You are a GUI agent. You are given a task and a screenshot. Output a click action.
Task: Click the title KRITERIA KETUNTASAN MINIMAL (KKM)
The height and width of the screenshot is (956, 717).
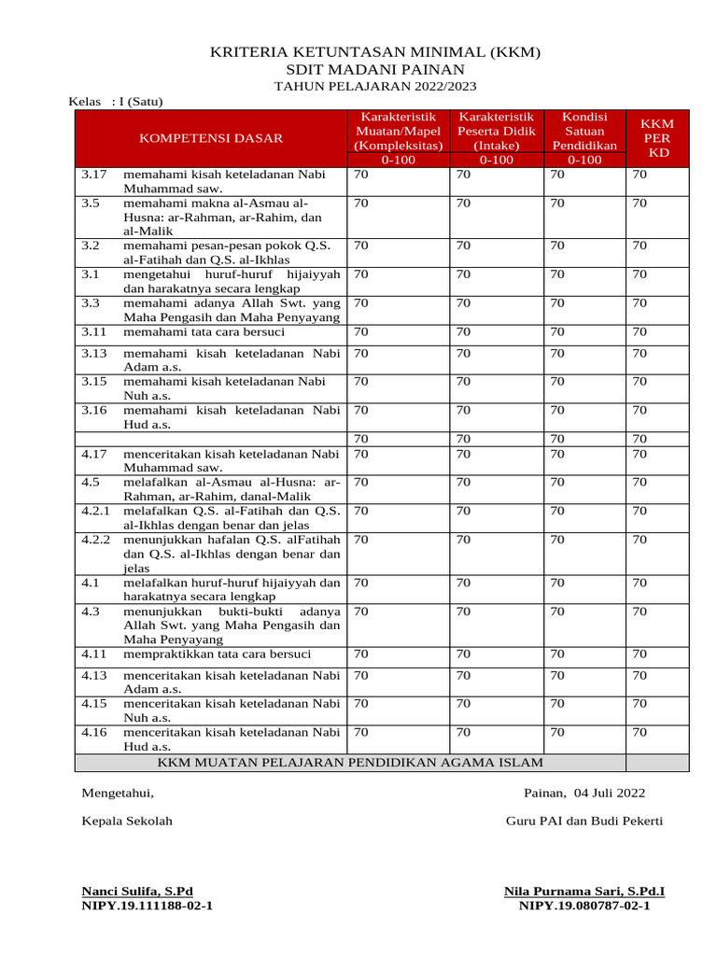tap(374, 52)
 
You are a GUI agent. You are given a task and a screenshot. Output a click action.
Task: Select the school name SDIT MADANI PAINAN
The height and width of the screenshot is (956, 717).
tap(374, 70)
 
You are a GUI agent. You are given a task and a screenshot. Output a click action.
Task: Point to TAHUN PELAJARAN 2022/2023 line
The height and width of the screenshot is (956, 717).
tap(374, 86)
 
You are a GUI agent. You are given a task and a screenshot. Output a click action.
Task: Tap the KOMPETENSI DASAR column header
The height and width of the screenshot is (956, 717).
tap(211, 138)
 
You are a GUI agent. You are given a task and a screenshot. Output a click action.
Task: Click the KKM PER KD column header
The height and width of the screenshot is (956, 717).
tap(658, 137)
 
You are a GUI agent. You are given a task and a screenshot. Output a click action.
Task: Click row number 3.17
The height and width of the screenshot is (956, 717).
tap(94, 174)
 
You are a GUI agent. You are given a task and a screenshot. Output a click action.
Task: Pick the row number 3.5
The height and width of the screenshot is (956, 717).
tap(91, 202)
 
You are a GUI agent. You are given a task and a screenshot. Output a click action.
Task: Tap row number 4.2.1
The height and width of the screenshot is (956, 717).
tap(96, 511)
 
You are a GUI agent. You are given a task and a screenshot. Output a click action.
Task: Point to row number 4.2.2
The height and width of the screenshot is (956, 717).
tap(96, 539)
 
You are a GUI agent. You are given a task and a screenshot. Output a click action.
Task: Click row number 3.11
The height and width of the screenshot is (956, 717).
tap(94, 331)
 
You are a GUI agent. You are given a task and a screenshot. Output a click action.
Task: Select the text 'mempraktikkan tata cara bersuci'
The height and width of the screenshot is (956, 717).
tap(218, 654)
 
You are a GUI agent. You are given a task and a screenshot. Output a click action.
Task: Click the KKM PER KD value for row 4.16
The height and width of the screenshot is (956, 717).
tap(640, 733)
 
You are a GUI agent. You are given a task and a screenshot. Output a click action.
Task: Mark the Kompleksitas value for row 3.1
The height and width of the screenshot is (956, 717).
tap(361, 274)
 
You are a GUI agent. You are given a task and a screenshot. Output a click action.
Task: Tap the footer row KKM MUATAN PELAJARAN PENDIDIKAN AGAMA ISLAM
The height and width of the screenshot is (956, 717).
tap(350, 763)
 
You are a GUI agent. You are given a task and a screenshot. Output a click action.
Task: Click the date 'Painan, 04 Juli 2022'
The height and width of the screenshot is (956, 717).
tap(584, 794)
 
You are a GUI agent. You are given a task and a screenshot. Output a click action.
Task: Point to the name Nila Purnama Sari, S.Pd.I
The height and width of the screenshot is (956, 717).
tap(584, 892)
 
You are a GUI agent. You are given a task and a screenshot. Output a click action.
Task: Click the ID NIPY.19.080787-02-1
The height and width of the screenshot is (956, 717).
tap(584, 906)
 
